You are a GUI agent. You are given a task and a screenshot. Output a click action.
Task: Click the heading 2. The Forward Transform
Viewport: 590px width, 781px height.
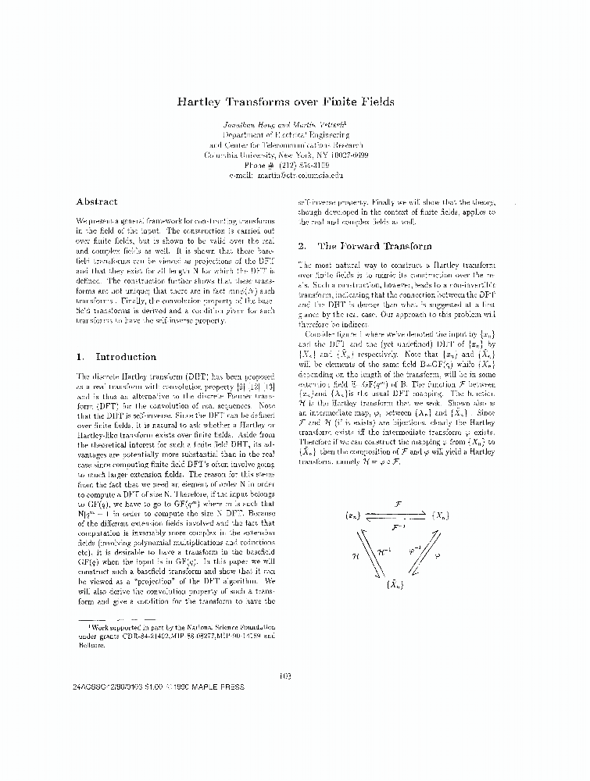364,246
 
